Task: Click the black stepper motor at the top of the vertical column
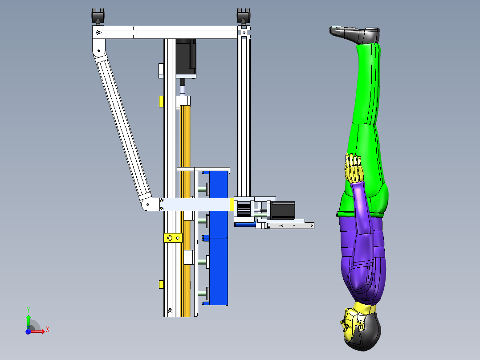186,58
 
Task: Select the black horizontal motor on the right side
283,210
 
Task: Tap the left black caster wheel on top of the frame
98,16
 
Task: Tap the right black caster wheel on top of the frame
244,16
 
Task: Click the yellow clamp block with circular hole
173,238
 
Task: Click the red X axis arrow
38,331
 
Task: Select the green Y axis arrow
28,322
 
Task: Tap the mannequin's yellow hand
353,168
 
